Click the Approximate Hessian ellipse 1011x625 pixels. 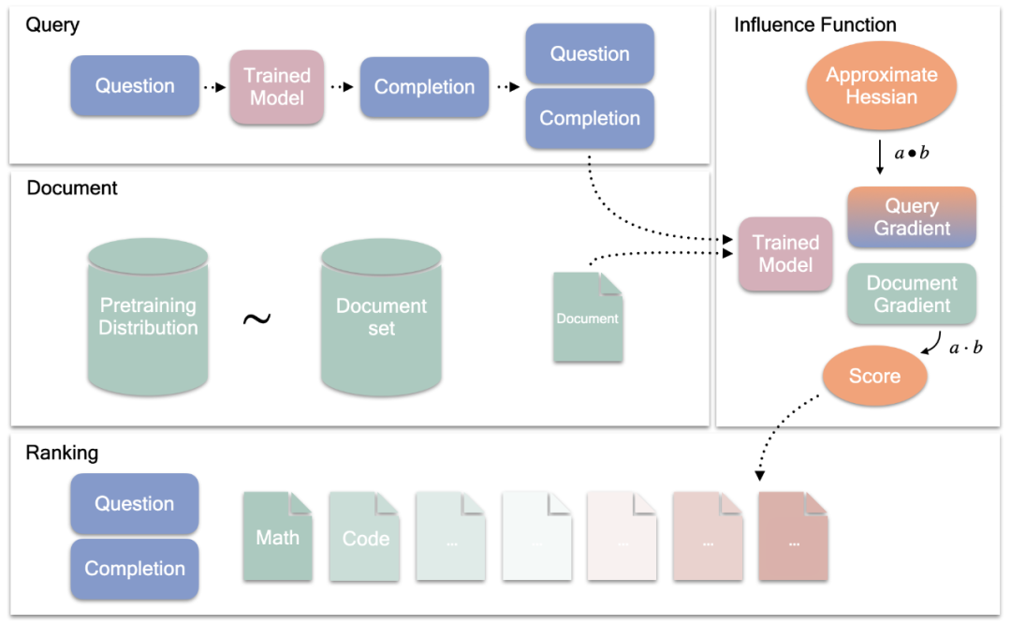tap(882, 86)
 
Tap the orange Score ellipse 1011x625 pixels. tap(874, 376)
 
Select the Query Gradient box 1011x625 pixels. tap(911, 217)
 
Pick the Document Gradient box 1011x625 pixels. tap(911, 294)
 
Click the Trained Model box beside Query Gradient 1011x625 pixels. tap(785, 254)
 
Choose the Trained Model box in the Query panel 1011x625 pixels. tap(277, 86)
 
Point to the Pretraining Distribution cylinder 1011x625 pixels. tap(148, 317)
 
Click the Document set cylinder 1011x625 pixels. tap(381, 317)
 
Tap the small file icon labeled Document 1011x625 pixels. tap(588, 318)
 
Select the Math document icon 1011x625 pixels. tap(277, 537)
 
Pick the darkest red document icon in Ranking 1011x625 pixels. tap(793, 538)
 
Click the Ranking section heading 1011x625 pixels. tap(62, 454)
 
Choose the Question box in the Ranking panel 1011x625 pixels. tap(135, 504)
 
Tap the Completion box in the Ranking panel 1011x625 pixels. tap(135, 569)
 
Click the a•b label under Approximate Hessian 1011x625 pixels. tap(912, 153)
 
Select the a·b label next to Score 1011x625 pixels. tap(965, 349)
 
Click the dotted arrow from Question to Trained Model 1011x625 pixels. tap(214, 87)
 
